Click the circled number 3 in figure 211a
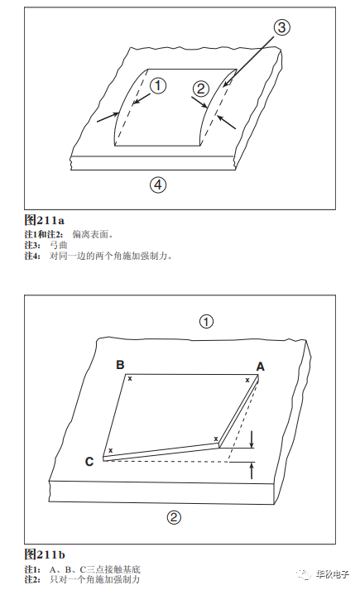(281, 27)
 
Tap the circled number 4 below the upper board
(158, 185)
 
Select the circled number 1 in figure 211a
(158, 85)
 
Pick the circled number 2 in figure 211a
(201, 89)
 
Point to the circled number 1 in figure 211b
(206, 322)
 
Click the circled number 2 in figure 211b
(174, 517)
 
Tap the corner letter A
(261, 367)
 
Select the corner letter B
(120, 365)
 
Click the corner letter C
(89, 461)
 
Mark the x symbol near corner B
(130, 378)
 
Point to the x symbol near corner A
(247, 380)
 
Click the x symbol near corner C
(111, 450)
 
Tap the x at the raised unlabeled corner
(216, 439)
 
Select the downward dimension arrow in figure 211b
(252, 439)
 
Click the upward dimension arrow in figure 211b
(252, 470)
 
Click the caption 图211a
(45, 220)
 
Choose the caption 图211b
(45, 554)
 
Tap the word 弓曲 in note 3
(58, 245)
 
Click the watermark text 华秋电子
(332, 574)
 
